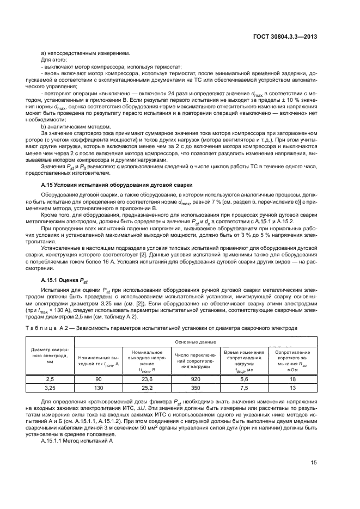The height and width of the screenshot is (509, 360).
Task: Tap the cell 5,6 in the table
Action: point(244,378)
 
